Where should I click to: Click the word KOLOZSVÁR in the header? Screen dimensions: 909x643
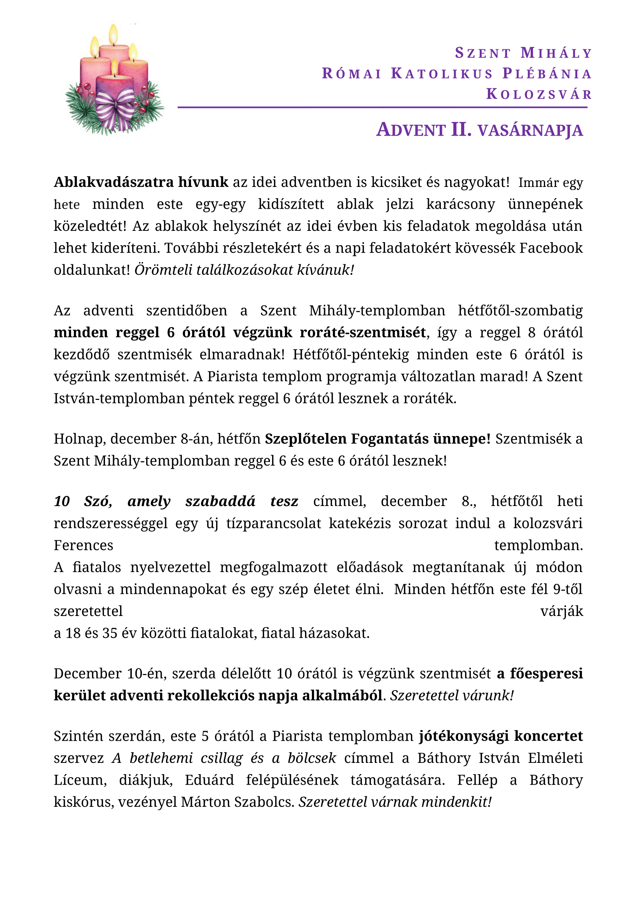click(x=539, y=94)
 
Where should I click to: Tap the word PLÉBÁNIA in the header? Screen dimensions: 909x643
click(x=547, y=73)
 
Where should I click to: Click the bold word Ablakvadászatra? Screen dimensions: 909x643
click(x=114, y=182)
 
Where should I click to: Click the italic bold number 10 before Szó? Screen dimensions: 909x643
click(x=62, y=501)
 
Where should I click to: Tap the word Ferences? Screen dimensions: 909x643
click(x=84, y=545)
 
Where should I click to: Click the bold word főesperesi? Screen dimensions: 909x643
click(x=546, y=673)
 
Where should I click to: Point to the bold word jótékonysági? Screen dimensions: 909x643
click(x=464, y=736)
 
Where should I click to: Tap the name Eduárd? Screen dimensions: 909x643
click(x=210, y=780)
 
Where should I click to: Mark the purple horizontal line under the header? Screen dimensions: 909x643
click(x=382, y=107)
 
